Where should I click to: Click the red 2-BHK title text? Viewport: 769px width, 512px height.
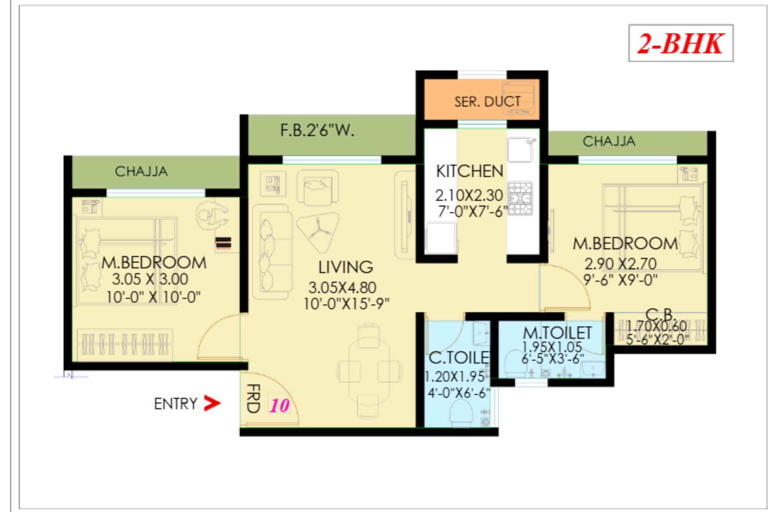coord(680,43)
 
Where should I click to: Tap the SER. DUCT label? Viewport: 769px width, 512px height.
coord(487,102)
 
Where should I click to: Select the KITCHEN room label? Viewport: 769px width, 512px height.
coord(469,171)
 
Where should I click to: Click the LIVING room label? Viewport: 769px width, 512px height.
coord(345,267)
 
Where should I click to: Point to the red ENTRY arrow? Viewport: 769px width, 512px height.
coord(212,404)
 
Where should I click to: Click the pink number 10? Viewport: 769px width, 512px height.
coord(279,406)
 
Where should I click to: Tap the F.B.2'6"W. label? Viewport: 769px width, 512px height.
coord(317,130)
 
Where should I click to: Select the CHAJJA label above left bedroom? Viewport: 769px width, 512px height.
coord(141,171)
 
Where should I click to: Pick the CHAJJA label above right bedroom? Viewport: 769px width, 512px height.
coord(609,141)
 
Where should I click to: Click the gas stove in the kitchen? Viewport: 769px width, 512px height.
coord(520,198)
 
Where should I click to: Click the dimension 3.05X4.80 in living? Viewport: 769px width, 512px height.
coord(342,288)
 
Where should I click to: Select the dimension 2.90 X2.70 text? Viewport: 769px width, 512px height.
coord(620,263)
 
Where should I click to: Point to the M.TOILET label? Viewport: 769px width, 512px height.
coord(557,333)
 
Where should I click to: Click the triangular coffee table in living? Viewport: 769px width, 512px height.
coord(318,232)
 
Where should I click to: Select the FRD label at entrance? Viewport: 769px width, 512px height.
coord(253,399)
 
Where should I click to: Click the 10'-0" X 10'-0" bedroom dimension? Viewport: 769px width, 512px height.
coord(153,297)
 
